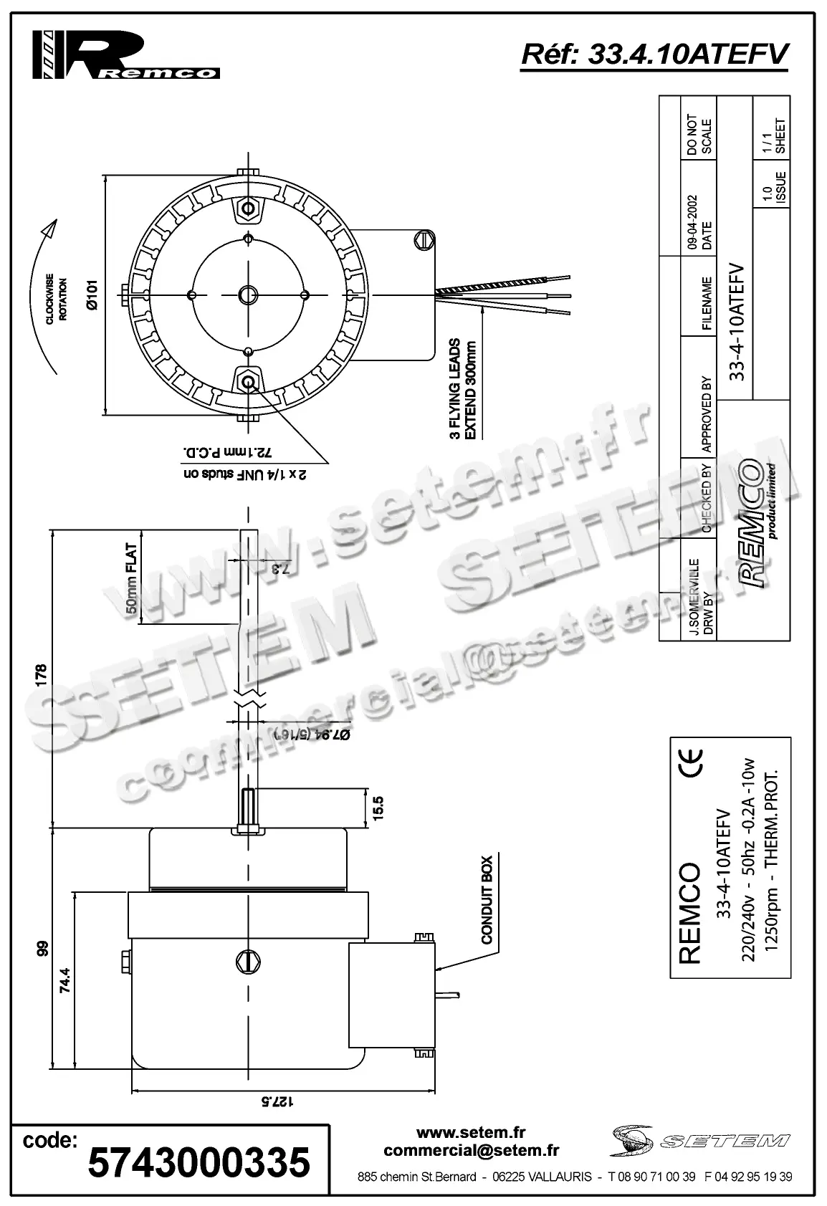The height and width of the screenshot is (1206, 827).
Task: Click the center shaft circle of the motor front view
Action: click(x=249, y=295)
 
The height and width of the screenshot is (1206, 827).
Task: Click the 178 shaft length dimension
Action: click(x=41, y=674)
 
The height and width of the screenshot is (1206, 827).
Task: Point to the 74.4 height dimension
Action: click(x=64, y=980)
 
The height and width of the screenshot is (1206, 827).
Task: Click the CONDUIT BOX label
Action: click(x=487, y=899)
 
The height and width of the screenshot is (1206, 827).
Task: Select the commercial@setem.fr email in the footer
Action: click(x=471, y=1151)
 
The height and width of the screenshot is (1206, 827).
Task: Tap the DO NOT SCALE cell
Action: click(x=699, y=135)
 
